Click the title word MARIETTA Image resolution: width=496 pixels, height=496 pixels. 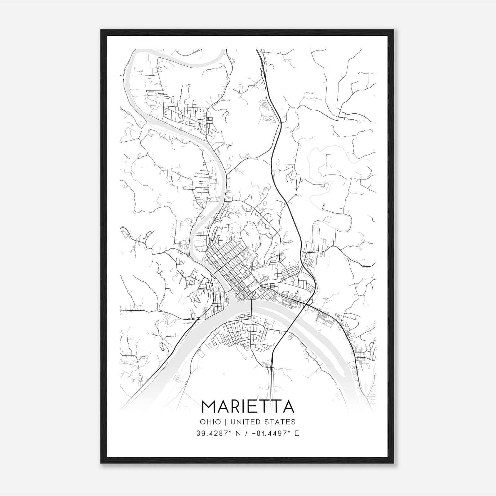(248, 407)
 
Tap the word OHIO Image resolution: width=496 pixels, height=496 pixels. (210, 422)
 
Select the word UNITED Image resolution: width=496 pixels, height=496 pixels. (248, 422)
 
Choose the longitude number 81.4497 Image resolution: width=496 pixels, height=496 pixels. (273, 433)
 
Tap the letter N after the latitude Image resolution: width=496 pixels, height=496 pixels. (238, 433)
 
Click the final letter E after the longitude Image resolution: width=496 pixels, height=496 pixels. (297, 433)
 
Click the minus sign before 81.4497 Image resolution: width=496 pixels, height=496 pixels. (256, 433)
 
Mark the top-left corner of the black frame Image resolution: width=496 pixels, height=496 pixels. (101, 30)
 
